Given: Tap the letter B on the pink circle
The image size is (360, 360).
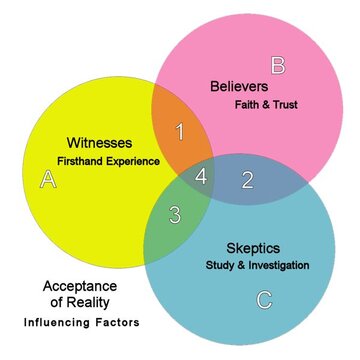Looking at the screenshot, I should (x=278, y=66).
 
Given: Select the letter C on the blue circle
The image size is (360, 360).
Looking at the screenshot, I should (x=263, y=299).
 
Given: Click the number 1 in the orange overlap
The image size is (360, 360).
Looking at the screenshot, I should (x=180, y=131).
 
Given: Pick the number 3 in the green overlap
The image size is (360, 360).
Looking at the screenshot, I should (x=174, y=213).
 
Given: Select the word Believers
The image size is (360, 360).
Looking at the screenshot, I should (x=239, y=86).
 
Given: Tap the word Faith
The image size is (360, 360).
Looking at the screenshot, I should (x=248, y=104).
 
